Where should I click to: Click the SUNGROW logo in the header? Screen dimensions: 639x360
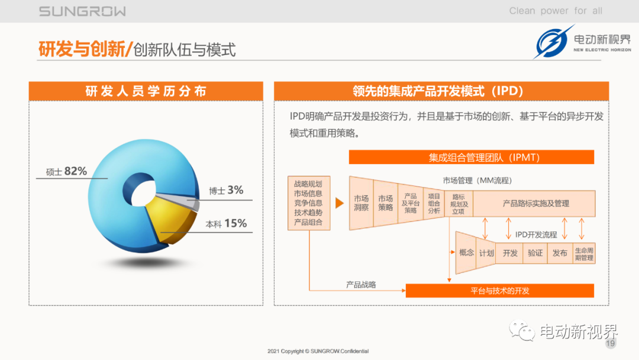[x=82, y=11]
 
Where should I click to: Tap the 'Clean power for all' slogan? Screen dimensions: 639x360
[x=556, y=11]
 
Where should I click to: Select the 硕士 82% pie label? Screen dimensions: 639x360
[x=66, y=171]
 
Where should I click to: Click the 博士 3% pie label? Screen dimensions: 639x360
[x=226, y=190]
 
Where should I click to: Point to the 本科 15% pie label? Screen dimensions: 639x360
[x=226, y=223]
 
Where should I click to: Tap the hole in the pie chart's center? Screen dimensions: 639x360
[x=143, y=193]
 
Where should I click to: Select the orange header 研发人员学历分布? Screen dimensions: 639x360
[x=146, y=91]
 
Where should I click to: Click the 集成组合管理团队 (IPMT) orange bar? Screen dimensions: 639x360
[x=472, y=157]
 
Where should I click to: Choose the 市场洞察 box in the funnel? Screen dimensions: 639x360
[x=361, y=203]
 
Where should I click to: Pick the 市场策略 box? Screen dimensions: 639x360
[x=386, y=203]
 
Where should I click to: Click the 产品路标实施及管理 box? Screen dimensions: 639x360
[x=534, y=204]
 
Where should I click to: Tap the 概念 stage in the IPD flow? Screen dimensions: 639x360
[x=466, y=253]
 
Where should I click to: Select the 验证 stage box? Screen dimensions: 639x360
[x=535, y=253]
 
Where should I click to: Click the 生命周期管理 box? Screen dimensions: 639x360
[x=584, y=253]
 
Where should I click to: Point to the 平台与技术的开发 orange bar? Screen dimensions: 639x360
[x=499, y=291]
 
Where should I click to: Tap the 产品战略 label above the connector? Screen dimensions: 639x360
[x=361, y=285]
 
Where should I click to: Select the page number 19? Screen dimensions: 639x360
[x=610, y=343]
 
